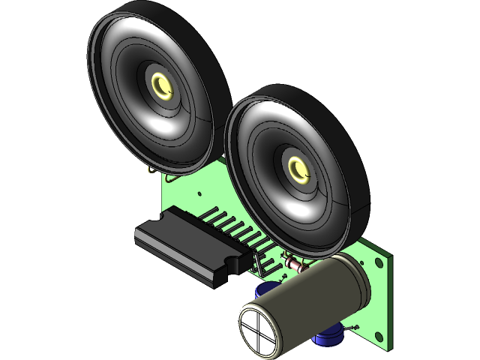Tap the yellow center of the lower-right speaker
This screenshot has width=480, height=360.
[298, 169]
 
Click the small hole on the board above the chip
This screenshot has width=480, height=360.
[200, 193]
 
